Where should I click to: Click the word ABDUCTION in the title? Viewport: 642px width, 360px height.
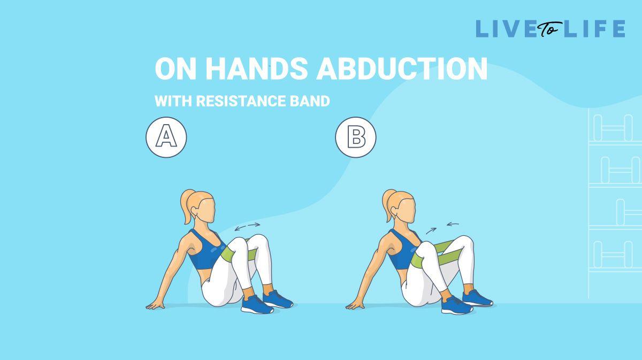coord(402,68)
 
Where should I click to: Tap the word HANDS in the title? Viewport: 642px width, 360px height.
coord(256,68)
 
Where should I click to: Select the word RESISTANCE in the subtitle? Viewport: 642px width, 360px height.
coord(241,101)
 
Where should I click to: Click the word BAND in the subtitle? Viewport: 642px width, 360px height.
coord(310,101)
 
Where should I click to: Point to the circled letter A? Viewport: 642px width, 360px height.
coord(166,137)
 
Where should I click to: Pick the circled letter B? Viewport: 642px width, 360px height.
coord(356,137)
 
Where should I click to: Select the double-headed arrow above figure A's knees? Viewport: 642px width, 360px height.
coord(247,227)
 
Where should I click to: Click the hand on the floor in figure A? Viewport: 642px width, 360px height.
coord(155,305)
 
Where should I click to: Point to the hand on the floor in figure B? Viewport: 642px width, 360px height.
coord(355,305)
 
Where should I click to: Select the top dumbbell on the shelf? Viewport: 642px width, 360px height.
coord(613,128)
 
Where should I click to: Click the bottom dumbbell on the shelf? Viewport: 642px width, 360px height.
coord(613,255)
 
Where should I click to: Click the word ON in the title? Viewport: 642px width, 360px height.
coord(175,68)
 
